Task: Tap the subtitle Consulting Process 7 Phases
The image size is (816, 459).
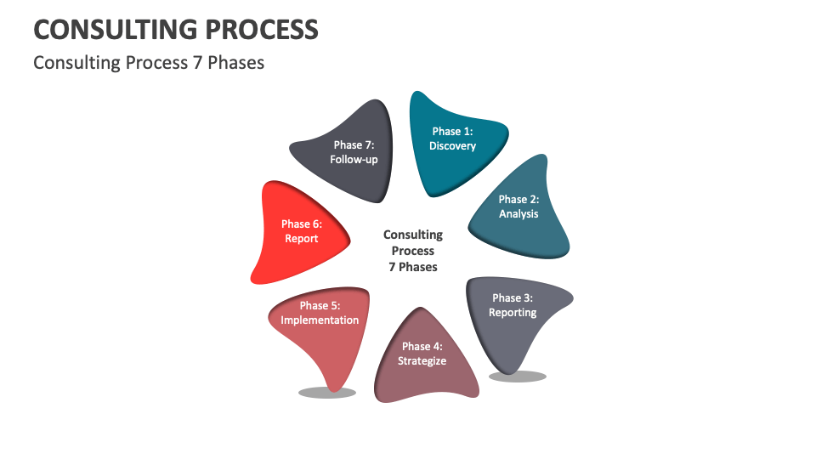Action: coord(149,63)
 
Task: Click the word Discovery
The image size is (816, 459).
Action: coord(452,146)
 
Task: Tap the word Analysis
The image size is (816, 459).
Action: coord(518,214)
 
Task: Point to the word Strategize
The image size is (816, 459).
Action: coord(422,360)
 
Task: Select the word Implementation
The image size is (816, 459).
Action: coord(320,320)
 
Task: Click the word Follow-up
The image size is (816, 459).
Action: coord(354,160)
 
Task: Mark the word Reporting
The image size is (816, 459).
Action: coord(513,313)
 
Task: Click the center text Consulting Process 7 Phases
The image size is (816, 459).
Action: coord(413,251)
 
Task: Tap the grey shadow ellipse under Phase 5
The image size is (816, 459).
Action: coord(327,392)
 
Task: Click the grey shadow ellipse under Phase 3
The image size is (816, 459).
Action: coord(518,376)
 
